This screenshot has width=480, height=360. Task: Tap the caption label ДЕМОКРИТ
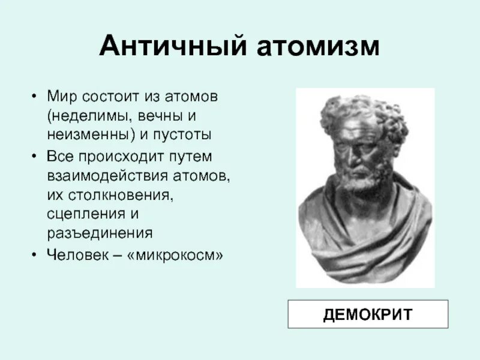point(368,314)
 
